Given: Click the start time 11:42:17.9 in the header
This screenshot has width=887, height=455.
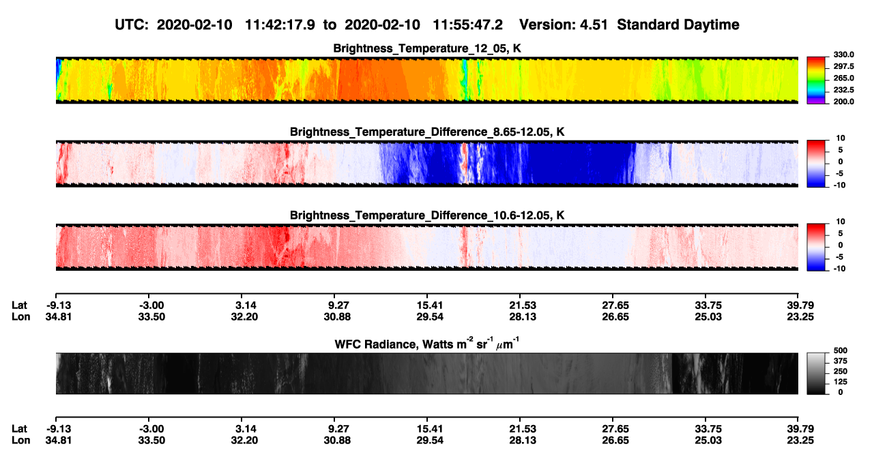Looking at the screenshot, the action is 280,25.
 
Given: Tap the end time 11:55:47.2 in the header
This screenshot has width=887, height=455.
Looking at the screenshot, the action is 467,25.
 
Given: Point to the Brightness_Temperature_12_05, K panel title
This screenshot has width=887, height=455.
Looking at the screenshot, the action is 427,48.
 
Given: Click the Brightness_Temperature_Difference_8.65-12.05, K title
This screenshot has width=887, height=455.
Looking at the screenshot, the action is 427,132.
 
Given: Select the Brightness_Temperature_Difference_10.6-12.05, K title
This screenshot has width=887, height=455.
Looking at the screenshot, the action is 427,216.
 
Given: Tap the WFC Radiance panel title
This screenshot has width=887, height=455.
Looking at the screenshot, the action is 427,344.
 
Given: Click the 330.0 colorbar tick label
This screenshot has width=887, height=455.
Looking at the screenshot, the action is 843,55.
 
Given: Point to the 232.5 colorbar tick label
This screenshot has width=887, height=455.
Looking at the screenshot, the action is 843,90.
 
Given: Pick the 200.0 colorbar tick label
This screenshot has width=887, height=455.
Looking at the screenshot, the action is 843,102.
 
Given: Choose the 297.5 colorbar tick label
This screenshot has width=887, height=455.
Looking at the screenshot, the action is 843,66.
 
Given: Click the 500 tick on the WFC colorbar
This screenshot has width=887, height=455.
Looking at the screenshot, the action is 841,351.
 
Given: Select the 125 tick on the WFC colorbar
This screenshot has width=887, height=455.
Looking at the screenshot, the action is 841,382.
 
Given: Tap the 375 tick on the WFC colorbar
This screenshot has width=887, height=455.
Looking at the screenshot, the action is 841,361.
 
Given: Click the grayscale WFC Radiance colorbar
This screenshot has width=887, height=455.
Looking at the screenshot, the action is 816,373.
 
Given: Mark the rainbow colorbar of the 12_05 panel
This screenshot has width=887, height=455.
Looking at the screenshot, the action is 816,80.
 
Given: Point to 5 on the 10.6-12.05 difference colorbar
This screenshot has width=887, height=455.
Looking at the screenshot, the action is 841,233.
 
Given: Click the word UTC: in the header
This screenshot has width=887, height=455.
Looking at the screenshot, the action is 132,25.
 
